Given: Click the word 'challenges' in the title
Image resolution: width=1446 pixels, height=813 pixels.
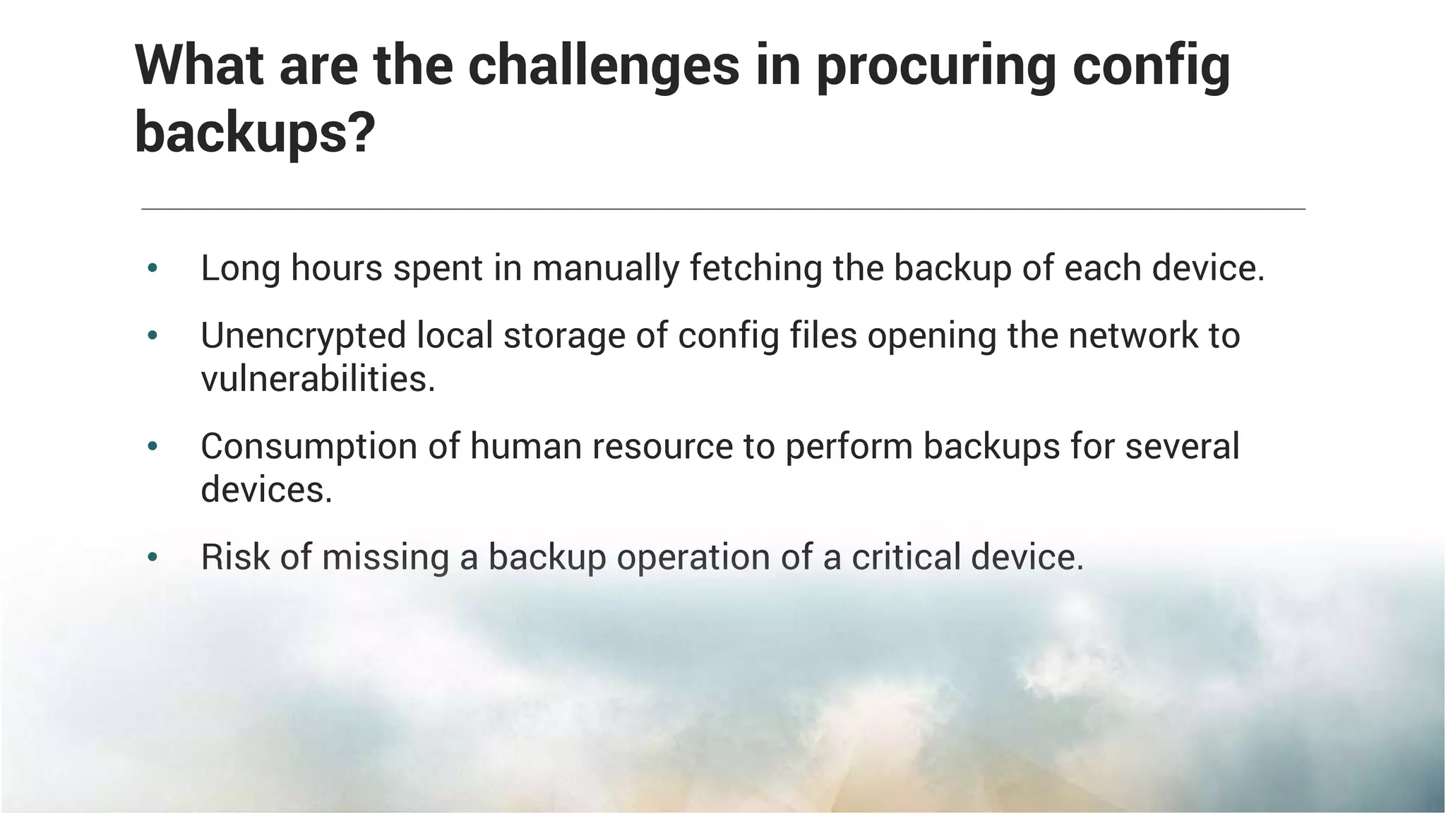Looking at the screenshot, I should click(x=604, y=66).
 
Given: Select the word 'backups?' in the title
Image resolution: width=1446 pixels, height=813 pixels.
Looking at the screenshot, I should click(x=255, y=133).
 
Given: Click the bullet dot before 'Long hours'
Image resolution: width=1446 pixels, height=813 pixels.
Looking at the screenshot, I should click(x=153, y=268).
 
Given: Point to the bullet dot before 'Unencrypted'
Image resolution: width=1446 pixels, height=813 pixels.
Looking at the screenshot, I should click(x=153, y=336).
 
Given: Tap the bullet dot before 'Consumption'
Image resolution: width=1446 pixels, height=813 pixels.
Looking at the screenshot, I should click(x=153, y=447).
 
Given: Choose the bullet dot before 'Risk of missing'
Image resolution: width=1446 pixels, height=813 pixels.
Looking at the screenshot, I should click(x=153, y=558).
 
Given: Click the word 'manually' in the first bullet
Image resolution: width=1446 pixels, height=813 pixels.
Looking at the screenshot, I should click(x=605, y=269).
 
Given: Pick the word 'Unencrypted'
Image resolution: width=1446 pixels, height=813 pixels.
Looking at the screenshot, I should click(x=303, y=336).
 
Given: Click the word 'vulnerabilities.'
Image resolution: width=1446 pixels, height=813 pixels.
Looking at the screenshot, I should click(x=318, y=379).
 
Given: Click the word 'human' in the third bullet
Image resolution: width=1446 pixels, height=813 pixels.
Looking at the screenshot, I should click(x=525, y=446).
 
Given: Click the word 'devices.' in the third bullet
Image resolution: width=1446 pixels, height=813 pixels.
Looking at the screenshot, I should click(x=266, y=489).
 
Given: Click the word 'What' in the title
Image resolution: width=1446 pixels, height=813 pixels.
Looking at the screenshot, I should click(x=199, y=66).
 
